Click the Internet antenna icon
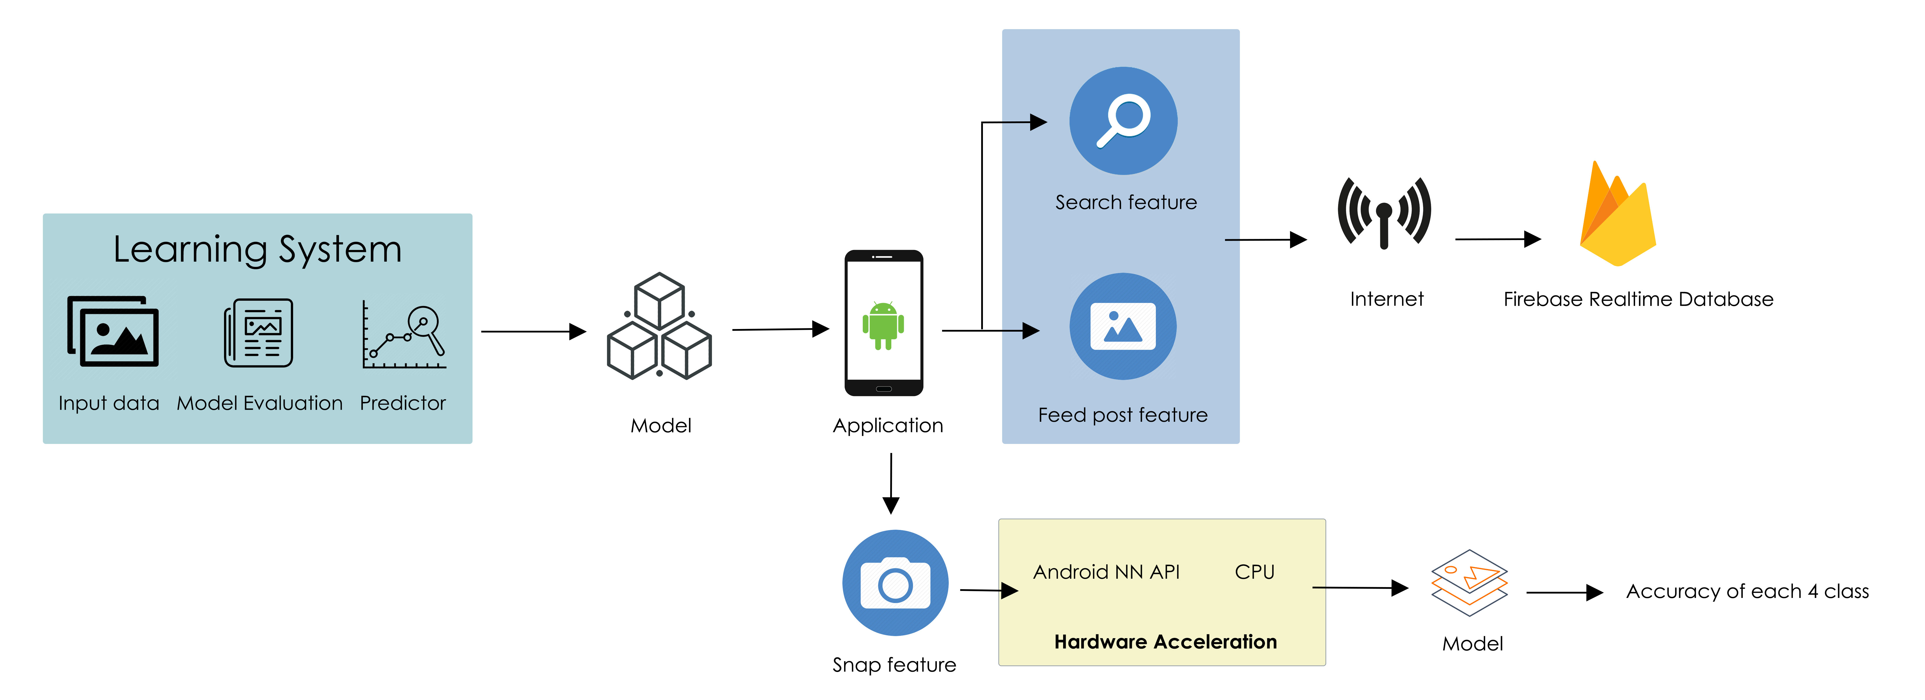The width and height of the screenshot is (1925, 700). pos(1384,213)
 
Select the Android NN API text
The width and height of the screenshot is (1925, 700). pos(1106,572)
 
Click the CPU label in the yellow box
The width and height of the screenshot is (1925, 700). pos(1254,572)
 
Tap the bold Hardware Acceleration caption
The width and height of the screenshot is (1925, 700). pos(1165,642)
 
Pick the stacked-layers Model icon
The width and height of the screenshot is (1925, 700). pos(1469,583)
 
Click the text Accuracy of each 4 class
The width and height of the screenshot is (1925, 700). pos(1747,592)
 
